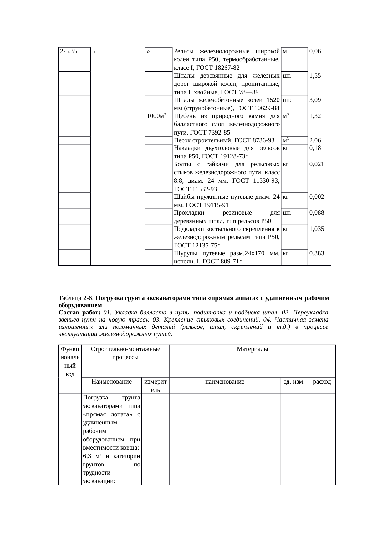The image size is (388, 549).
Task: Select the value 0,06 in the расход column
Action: [x=315, y=51]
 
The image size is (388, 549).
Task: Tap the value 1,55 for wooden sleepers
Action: [x=315, y=76]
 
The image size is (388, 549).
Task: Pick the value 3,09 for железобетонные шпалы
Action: [x=315, y=100]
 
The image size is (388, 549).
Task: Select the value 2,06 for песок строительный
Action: [x=315, y=141]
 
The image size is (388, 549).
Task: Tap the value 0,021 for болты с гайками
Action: [x=316, y=164]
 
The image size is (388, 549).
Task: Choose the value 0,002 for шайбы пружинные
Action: [x=316, y=197]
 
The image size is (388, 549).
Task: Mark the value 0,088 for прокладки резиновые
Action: [x=316, y=213]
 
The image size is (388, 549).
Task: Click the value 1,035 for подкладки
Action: [x=316, y=229]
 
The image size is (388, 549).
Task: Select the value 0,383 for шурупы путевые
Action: [x=316, y=254]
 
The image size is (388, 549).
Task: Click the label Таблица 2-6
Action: [x=76, y=298]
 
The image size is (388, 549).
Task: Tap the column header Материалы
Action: [x=252, y=349]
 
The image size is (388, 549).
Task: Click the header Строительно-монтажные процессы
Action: [x=125, y=353]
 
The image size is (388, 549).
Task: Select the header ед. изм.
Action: [x=294, y=382]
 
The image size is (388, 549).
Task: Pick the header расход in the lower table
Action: [x=322, y=382]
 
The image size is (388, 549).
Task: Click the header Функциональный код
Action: [x=70, y=361]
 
